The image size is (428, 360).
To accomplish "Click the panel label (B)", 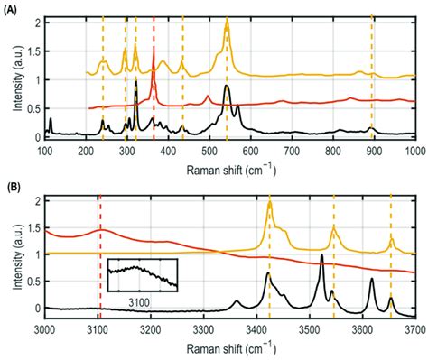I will click(x=13, y=190).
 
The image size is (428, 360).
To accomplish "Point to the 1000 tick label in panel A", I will click(x=412, y=150).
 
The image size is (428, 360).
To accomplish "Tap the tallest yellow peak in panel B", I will click(x=269, y=205).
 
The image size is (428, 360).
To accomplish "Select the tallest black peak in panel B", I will click(x=321, y=256).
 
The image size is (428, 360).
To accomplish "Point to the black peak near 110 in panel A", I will click(x=51, y=120).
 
